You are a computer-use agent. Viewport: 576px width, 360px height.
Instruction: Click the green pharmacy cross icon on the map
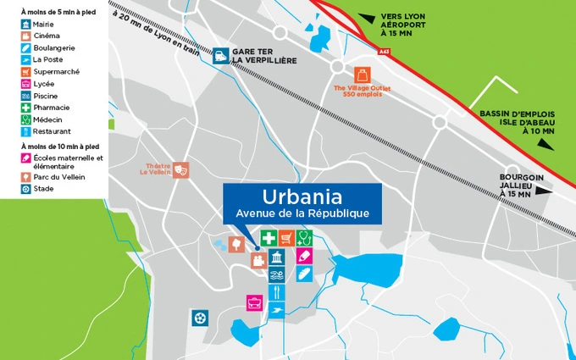(269, 238)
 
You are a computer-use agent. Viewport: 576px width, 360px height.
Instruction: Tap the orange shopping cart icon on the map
(287, 238)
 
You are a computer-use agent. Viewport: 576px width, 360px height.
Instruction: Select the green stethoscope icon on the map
(305, 238)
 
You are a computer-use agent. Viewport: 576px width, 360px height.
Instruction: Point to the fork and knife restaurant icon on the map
(277, 292)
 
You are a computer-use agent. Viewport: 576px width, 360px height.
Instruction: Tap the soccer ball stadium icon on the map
(200, 318)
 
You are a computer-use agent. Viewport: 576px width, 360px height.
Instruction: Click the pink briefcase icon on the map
(253, 302)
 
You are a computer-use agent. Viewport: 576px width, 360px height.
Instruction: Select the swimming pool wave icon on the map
(277, 274)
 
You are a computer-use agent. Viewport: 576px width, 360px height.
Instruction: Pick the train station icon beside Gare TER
(220, 56)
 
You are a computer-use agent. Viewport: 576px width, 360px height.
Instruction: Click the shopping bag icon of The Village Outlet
(363, 74)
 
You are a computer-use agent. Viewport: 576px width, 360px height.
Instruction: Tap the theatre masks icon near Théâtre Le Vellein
(180, 169)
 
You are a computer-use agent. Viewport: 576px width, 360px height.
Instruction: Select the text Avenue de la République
(302, 213)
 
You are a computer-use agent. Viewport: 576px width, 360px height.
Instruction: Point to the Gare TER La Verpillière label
(264, 56)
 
